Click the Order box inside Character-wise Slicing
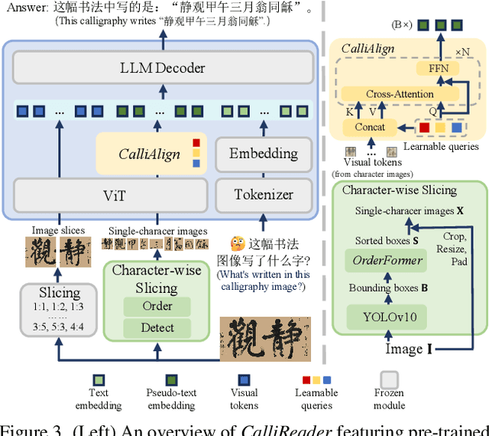click(x=158, y=306)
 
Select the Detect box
click(x=158, y=327)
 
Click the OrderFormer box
click(x=387, y=261)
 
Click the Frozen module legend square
click(x=390, y=380)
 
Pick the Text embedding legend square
click(x=99, y=380)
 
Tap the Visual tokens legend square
click(x=244, y=380)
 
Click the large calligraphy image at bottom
click(x=266, y=339)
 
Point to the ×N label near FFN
click(x=463, y=53)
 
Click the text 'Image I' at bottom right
click(x=408, y=350)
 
